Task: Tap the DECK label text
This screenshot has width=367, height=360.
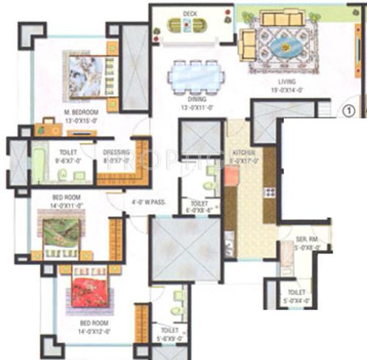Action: pos(190,12)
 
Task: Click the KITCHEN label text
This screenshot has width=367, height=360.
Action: pos(244,152)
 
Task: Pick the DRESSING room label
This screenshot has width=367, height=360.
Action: pos(116,153)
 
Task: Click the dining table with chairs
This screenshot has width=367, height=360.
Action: pos(195,75)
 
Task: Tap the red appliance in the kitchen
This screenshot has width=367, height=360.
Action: pos(231,176)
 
